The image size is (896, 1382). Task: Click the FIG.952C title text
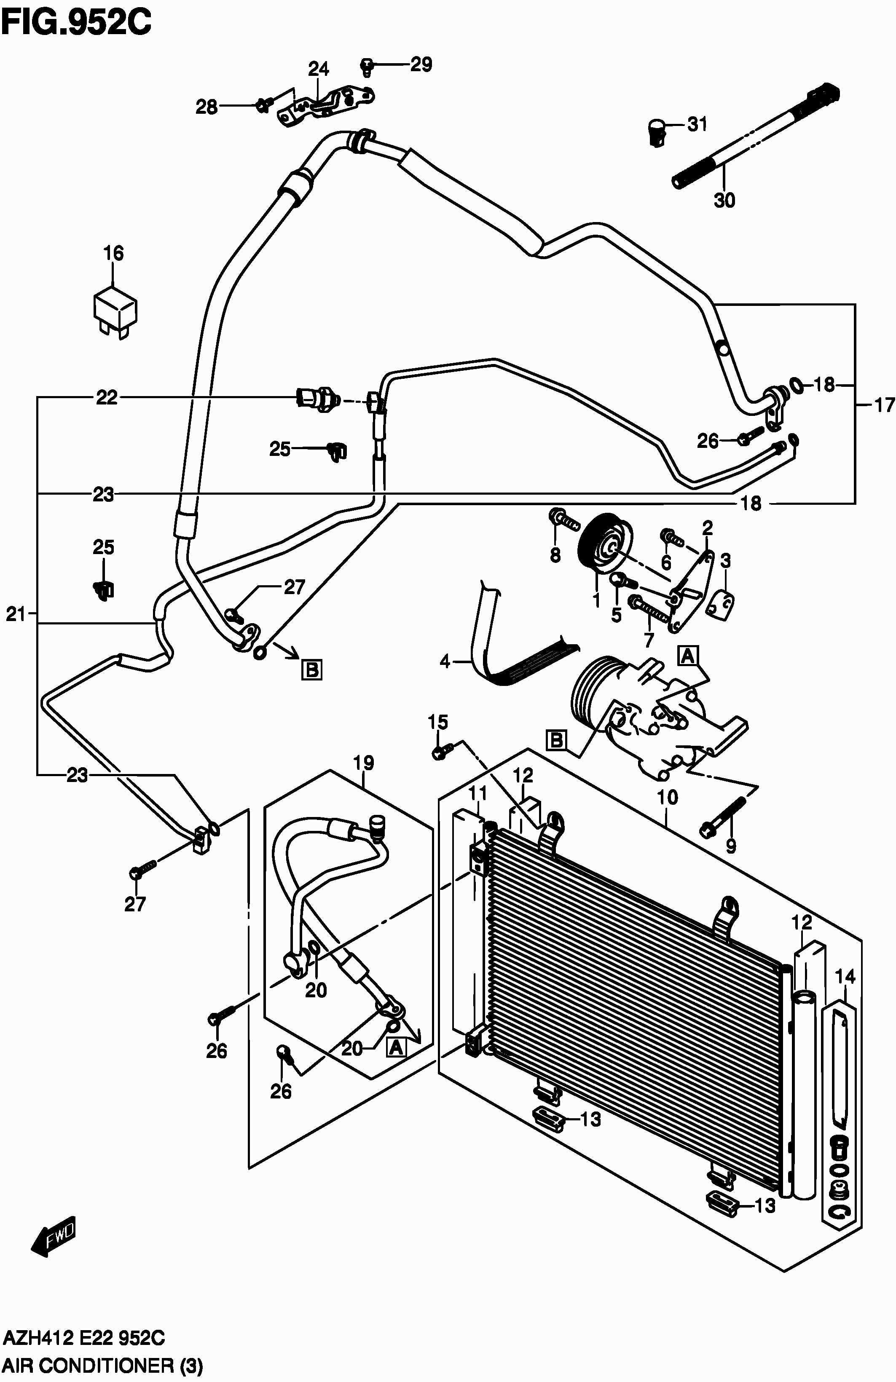(77, 23)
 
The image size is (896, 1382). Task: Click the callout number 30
(724, 200)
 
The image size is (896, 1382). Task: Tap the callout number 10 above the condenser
(668, 797)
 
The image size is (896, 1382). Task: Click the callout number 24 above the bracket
(318, 69)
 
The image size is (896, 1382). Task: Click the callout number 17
(884, 405)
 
